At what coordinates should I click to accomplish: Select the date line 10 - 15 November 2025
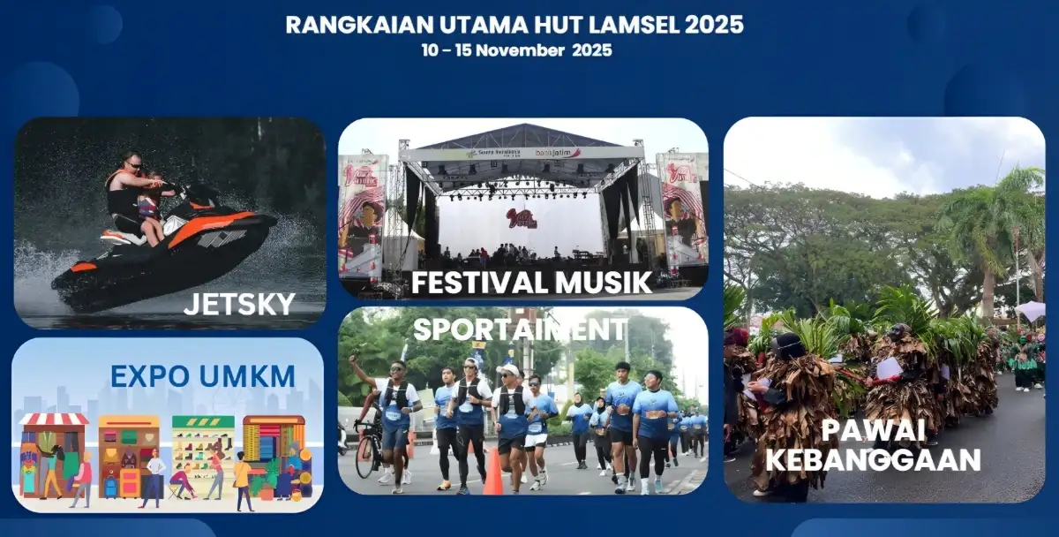click(x=516, y=50)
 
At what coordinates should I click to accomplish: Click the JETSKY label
click(x=238, y=305)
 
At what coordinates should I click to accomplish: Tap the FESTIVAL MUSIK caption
click(x=531, y=283)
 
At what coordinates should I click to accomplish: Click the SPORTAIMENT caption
click(x=520, y=329)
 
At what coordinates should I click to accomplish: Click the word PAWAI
click(x=873, y=431)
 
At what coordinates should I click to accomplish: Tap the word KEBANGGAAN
click(x=873, y=460)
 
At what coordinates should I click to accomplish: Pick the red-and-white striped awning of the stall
click(x=54, y=419)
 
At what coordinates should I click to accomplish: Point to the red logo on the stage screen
click(x=522, y=218)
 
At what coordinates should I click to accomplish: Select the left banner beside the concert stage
click(x=362, y=212)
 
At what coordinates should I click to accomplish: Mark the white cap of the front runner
click(x=507, y=370)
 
